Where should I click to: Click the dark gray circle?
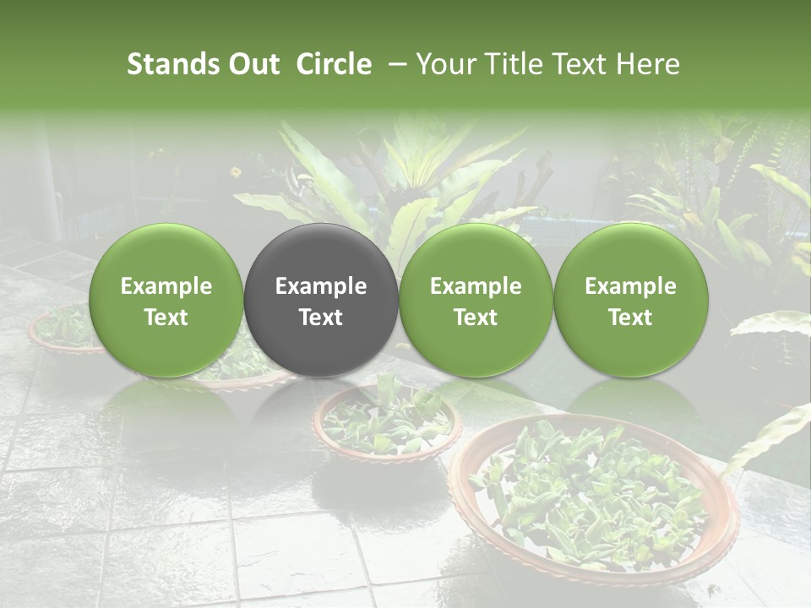coord(321,301)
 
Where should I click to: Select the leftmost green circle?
coord(166,301)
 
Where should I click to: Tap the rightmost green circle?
coord(630,301)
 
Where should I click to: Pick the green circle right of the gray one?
coord(476,301)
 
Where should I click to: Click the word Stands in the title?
coord(171,64)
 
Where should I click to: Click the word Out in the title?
coord(253,64)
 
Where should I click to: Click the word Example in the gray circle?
coord(321,286)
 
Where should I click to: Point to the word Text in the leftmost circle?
coord(166,318)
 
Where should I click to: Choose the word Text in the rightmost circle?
coord(630,318)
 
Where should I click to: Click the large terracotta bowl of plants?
coord(591,498)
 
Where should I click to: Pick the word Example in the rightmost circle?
coord(630,286)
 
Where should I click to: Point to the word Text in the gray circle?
coord(321,318)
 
